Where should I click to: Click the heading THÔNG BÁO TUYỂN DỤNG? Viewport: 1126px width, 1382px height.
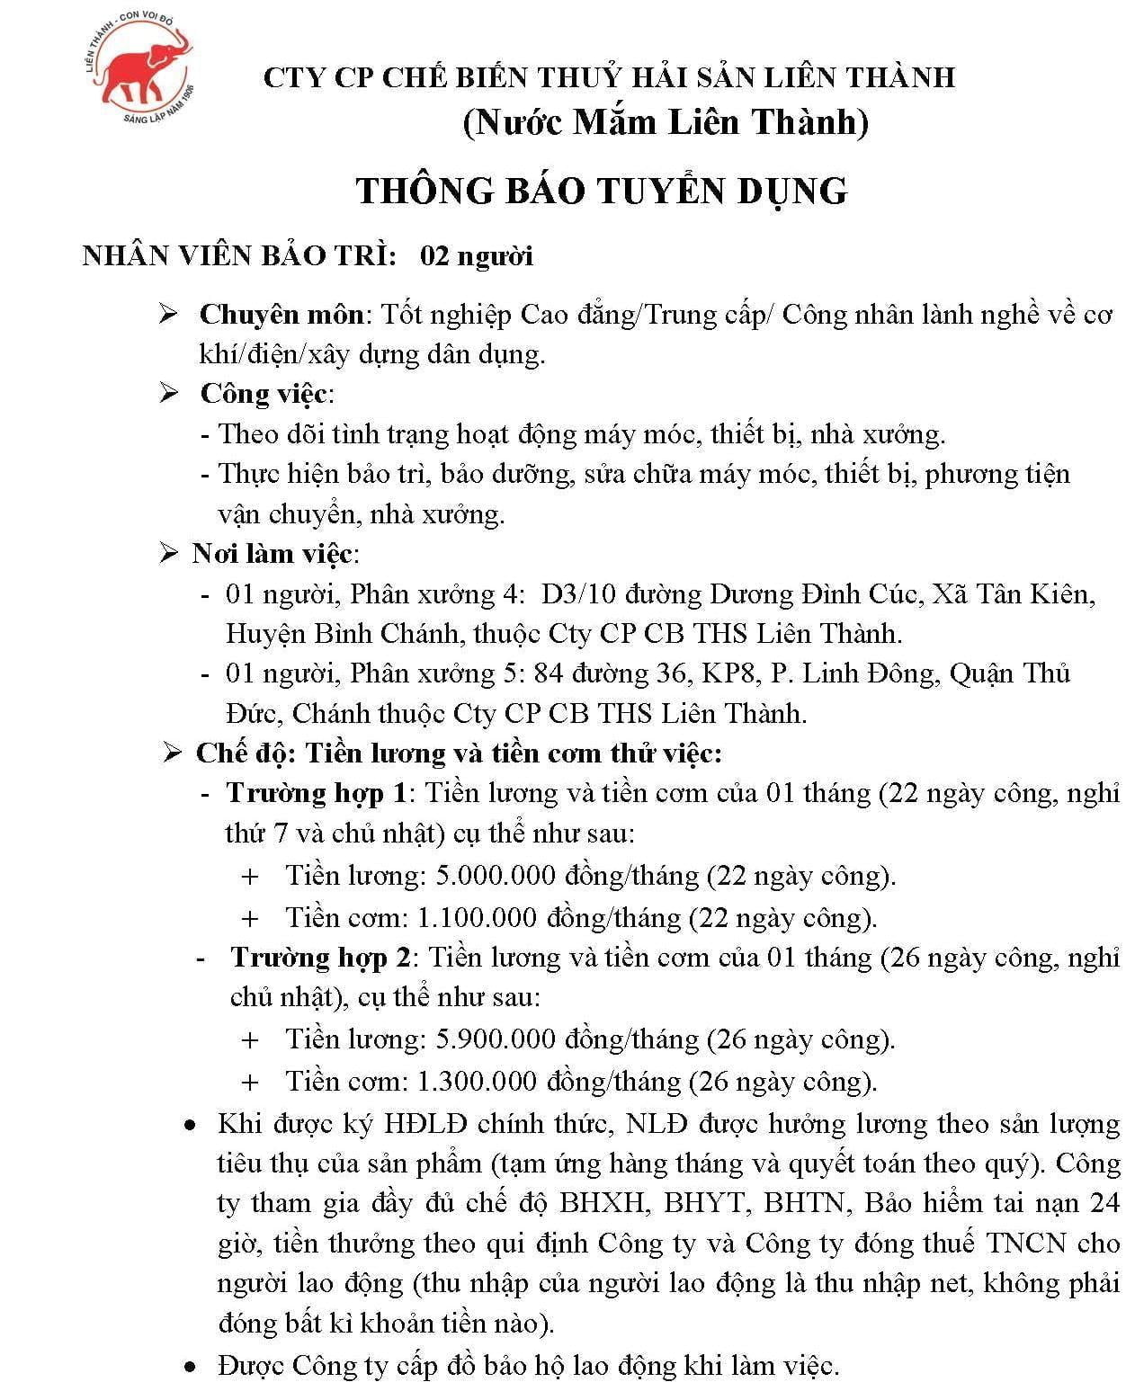click(x=602, y=191)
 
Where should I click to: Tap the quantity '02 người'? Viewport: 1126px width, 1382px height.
click(x=477, y=256)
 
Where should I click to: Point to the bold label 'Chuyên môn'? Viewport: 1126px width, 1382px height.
click(x=281, y=315)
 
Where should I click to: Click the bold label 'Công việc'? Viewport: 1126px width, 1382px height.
click(x=265, y=394)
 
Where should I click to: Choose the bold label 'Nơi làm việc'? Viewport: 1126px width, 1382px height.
click(x=272, y=554)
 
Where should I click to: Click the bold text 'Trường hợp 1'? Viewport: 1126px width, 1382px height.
click(x=317, y=793)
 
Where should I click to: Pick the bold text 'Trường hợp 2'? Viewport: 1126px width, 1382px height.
click(x=320, y=958)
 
